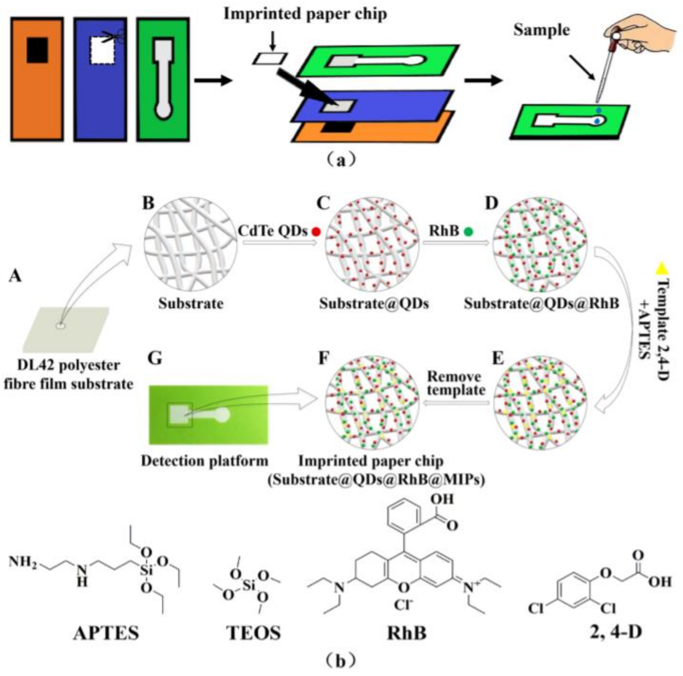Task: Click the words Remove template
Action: [x=455, y=383]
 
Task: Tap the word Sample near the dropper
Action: [x=541, y=30]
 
